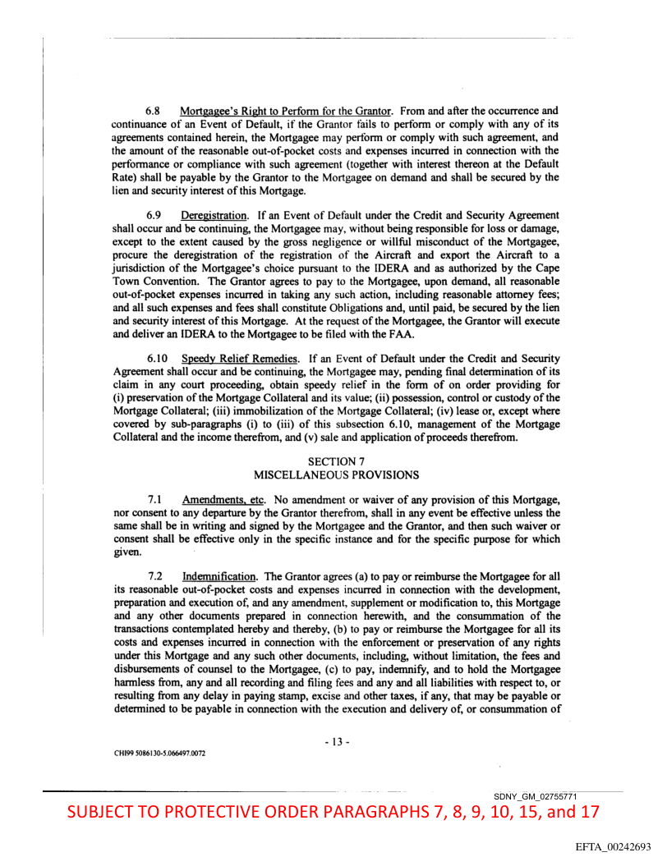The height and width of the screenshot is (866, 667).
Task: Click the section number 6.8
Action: point(154,111)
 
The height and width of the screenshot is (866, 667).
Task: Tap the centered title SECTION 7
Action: point(335,461)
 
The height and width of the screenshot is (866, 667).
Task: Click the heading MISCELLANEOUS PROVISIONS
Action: point(335,474)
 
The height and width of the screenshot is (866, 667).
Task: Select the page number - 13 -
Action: point(336,742)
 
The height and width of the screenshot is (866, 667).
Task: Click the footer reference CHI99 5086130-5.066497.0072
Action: point(159,754)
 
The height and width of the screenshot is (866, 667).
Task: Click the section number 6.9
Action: point(154,215)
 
